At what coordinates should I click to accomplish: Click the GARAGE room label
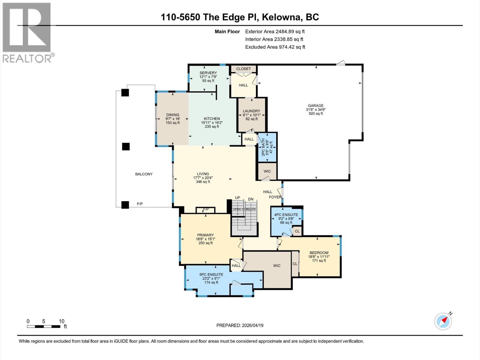tap(316, 106)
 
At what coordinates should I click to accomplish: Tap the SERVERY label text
tap(208, 73)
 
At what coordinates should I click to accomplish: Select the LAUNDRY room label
tap(251, 111)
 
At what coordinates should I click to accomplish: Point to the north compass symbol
tap(443, 321)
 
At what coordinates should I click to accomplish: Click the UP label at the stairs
tap(237, 198)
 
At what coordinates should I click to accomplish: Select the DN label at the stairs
tap(251, 199)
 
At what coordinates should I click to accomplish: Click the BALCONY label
tap(144, 174)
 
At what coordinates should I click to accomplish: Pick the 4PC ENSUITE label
tap(286, 215)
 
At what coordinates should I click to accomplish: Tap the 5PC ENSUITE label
tap(211, 274)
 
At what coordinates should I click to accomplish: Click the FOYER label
tap(275, 197)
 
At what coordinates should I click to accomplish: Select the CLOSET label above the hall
tap(243, 69)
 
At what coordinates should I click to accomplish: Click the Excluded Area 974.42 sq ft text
tap(275, 47)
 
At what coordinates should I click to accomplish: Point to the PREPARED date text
tap(240, 325)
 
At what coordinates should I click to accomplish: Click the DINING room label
tap(172, 115)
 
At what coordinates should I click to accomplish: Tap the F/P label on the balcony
tap(140, 204)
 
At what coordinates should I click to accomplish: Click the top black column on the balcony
tap(125, 92)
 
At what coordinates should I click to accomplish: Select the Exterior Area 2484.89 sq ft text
tap(275, 31)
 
